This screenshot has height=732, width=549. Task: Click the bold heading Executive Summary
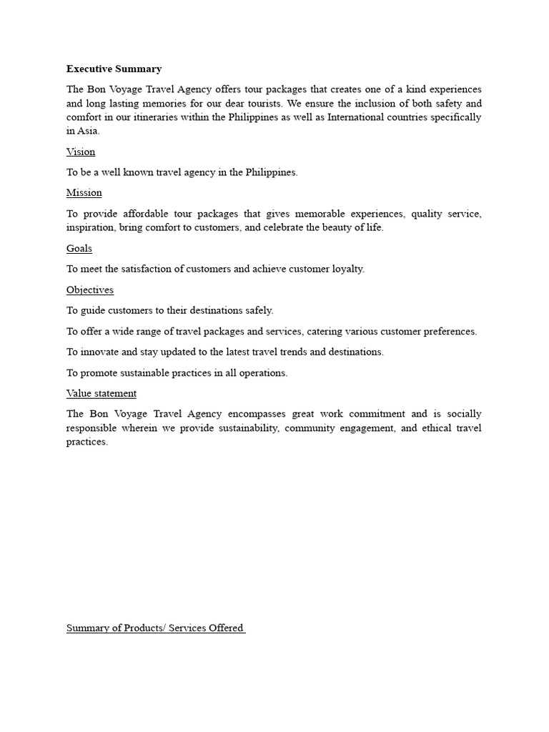tap(114, 69)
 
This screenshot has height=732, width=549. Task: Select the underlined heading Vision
tap(80, 152)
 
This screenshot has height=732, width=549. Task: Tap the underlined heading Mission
tap(84, 192)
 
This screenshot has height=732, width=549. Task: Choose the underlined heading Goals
tap(79, 248)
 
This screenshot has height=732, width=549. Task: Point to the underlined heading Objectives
tap(89, 290)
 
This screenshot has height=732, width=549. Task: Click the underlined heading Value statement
tap(101, 393)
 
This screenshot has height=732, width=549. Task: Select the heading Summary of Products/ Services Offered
tap(155, 628)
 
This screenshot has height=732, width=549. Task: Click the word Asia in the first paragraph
tap(88, 131)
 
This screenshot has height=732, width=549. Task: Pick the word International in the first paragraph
tap(355, 117)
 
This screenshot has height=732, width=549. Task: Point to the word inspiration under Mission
tap(91, 227)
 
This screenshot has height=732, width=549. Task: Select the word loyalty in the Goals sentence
tap(347, 269)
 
